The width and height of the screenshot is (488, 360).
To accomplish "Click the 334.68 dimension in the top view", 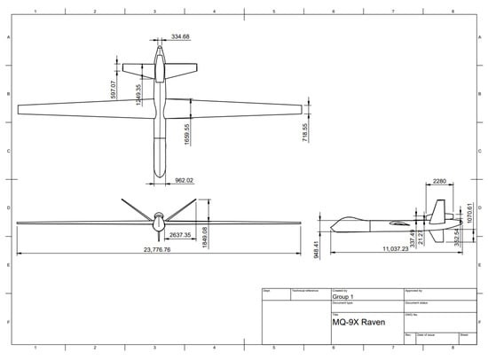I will point(181,36).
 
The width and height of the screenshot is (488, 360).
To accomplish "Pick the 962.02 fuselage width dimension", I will point(185,181).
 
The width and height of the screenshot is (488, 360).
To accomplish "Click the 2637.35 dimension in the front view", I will point(180,236).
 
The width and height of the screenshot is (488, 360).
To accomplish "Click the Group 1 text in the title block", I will point(343,297).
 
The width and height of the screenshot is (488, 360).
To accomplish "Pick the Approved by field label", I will point(414,290).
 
